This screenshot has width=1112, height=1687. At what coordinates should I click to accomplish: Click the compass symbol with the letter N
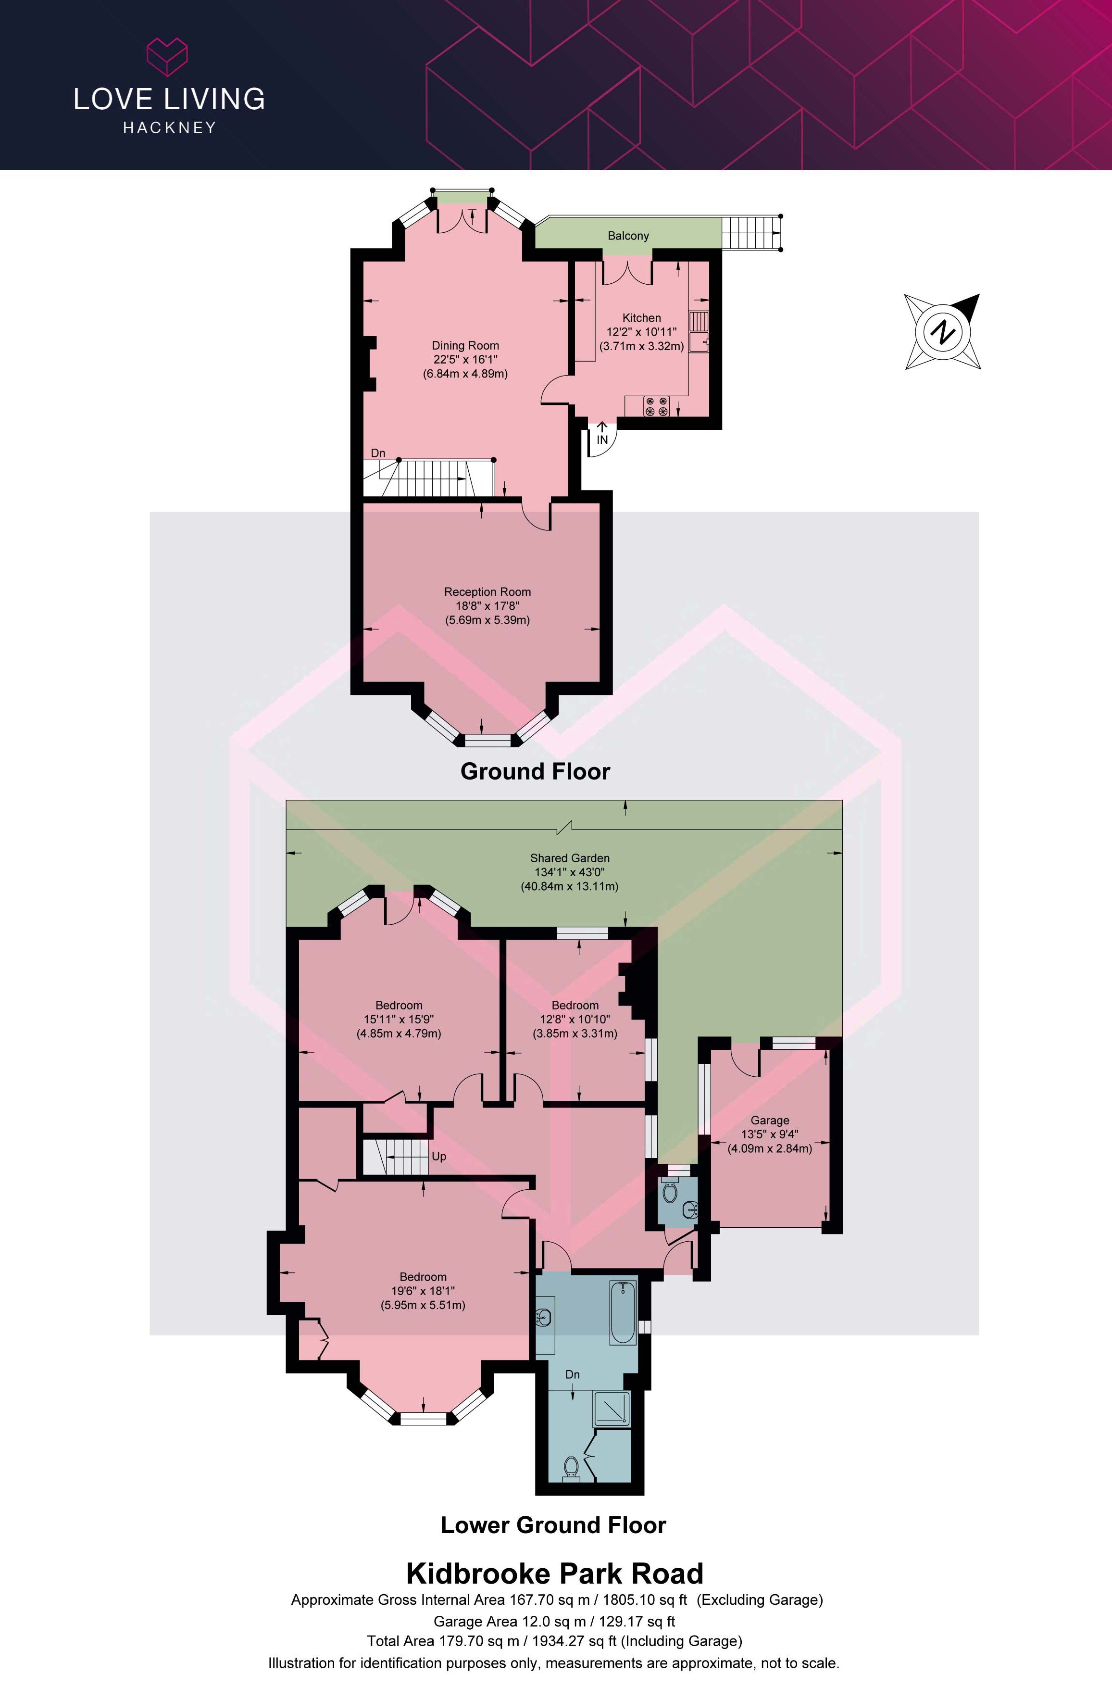coord(942,331)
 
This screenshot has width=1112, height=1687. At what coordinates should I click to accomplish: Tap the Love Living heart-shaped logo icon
coord(167,57)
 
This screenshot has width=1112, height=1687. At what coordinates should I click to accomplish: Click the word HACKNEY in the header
coord(170,128)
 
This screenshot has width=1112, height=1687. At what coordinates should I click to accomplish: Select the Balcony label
coord(628,236)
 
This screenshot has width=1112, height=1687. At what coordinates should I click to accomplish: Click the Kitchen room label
coord(642,318)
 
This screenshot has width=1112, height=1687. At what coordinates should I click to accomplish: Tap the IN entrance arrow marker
coord(602,433)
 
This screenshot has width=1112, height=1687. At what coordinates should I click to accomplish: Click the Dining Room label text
coord(465,345)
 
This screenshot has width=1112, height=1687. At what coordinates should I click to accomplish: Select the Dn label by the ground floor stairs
coord(378,453)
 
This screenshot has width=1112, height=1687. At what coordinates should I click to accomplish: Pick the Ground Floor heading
coord(536,771)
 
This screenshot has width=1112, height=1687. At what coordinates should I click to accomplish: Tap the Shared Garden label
coord(570,858)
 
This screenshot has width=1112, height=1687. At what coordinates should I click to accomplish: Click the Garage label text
coord(770,1120)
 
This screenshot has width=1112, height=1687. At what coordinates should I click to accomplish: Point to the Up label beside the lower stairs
coord(439,1157)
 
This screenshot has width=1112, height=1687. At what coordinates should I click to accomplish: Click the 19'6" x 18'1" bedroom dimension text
coord(424,1291)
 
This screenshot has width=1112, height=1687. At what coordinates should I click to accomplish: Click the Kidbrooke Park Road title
coord(555,1574)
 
